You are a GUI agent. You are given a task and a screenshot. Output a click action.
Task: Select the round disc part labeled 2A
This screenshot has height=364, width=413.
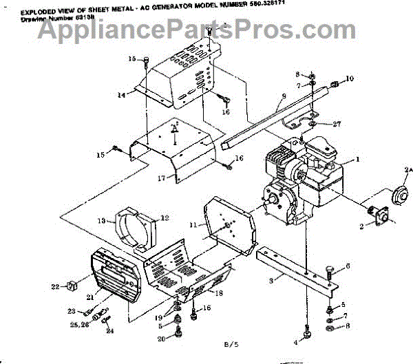click(x=398, y=195)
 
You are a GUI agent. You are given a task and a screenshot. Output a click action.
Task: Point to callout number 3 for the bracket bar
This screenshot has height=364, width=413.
click(x=272, y=281)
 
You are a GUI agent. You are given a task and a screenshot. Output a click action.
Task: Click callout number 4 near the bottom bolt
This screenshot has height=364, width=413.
click(x=297, y=341)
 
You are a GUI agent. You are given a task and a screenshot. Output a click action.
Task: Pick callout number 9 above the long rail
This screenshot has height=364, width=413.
click(x=283, y=98)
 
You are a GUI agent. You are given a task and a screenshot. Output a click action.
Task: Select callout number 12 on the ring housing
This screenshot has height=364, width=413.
click(x=165, y=218)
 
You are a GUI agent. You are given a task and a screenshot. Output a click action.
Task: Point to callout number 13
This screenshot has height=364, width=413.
click(x=100, y=221)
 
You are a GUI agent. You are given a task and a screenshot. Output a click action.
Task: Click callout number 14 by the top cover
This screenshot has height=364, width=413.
click(x=122, y=94)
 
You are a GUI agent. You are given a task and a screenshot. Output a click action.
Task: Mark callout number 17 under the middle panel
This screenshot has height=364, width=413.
click(x=160, y=178)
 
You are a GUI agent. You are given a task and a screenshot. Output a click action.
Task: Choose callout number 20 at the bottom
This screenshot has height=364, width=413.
click(x=160, y=339)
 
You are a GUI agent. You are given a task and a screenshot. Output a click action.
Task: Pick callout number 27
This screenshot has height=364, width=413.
click(x=337, y=125)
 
